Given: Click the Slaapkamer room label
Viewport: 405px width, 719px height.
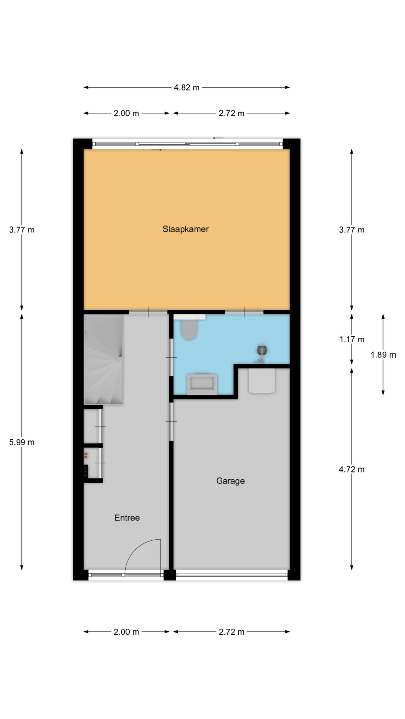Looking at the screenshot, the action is point(185,229).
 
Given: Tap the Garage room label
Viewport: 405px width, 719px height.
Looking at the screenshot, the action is point(230,481).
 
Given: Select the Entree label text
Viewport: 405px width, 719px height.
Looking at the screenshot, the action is point(127,518).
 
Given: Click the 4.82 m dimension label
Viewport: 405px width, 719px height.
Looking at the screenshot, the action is point(186,88).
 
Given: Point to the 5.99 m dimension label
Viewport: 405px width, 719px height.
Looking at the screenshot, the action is point(22,442).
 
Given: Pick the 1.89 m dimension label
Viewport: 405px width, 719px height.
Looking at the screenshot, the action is point(383,355).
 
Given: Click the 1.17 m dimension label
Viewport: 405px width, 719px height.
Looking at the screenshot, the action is point(352,339).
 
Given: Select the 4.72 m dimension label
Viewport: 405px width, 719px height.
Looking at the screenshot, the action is point(352,469).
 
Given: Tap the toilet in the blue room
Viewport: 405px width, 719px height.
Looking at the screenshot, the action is point(189,329).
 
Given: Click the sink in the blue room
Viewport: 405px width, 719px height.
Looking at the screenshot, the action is point(202,384).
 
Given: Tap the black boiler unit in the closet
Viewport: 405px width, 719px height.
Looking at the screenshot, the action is point(86,471).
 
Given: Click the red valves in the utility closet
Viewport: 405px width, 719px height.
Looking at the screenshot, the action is point(86,455).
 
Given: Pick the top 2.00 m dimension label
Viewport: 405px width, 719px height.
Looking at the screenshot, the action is point(126,113).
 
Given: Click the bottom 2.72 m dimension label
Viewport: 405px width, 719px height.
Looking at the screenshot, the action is point(231,632).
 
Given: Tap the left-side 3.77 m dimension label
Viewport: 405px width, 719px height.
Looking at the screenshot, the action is point(22,230).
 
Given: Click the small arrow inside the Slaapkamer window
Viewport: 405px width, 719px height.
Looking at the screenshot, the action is point(157,150).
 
